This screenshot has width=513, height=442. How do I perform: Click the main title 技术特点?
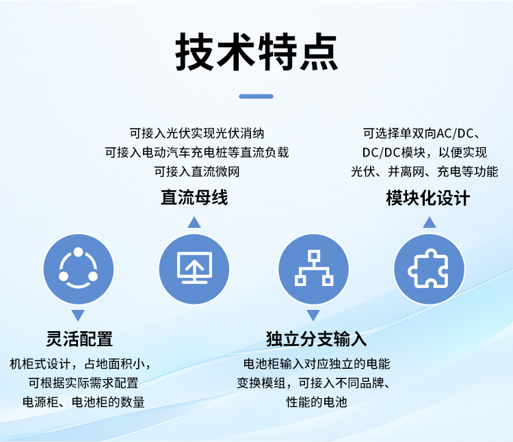(256, 52)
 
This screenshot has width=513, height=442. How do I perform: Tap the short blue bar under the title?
(256, 96)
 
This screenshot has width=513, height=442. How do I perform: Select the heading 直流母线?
(194, 198)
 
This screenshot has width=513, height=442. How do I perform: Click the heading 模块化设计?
(428, 198)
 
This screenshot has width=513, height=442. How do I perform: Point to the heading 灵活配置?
(79, 339)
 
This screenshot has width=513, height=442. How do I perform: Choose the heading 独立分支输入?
(316, 339)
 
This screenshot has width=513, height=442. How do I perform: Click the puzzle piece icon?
(429, 269)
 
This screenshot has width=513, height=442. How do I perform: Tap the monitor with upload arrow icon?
(194, 268)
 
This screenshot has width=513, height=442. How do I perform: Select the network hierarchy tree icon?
(314, 268)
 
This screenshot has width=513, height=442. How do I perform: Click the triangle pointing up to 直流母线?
(194, 222)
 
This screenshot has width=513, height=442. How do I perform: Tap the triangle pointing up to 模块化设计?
(430, 222)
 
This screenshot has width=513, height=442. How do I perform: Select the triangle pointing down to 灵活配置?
(78, 315)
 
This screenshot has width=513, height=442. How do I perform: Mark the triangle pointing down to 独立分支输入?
(313, 315)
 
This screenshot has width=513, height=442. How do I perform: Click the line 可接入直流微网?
(197, 172)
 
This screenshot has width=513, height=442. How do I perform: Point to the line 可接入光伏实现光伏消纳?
(196, 133)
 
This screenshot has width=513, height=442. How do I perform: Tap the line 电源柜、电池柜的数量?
(83, 402)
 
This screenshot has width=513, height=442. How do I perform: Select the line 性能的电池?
(317, 402)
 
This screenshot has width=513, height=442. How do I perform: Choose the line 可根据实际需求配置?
(83, 382)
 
